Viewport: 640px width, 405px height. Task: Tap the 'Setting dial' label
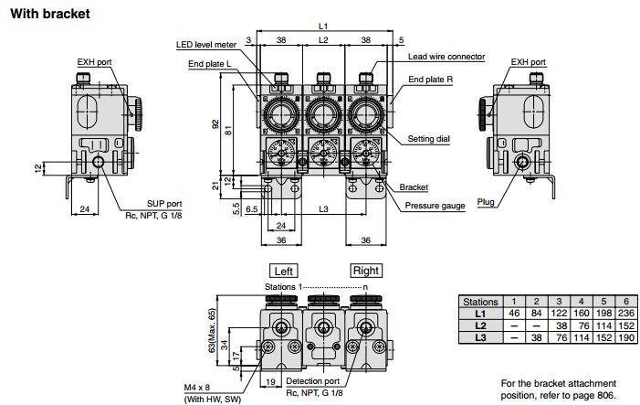tap(428, 139)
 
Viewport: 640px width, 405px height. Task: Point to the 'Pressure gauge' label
tap(435, 206)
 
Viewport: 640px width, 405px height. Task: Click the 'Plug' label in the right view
tap(486, 201)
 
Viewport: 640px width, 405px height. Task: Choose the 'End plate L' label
tap(209, 64)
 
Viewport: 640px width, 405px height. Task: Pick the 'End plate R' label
tap(430, 80)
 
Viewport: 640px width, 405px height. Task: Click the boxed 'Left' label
tap(283, 271)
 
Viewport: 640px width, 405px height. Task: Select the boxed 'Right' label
tap(366, 271)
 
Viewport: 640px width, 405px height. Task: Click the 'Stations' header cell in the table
tap(480, 302)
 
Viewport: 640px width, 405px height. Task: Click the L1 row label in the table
tap(480, 314)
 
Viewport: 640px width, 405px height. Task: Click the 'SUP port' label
tap(164, 204)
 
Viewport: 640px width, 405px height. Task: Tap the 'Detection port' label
tap(314, 380)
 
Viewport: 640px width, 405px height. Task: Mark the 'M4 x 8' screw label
tap(199, 388)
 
